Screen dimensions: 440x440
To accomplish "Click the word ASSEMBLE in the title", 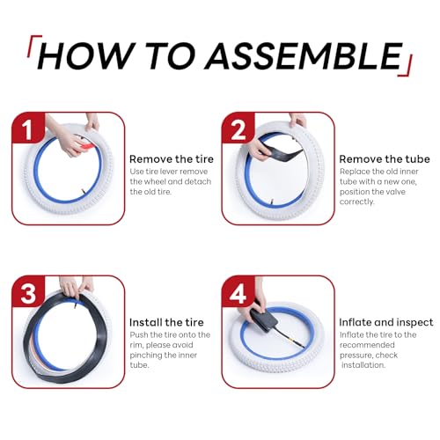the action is click(304, 55).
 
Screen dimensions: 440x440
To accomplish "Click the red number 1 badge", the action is click(28, 128).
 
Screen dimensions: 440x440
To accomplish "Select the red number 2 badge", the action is click(238, 128).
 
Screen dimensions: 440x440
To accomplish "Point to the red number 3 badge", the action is click(28, 291).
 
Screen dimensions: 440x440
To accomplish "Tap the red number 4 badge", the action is click(238, 291).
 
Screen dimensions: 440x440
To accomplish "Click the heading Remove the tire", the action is click(172, 159).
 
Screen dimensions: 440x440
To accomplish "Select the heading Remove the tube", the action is click(385, 159).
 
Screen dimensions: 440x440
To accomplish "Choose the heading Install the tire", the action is click(166, 322).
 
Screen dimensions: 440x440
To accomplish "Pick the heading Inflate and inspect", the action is click(386, 323).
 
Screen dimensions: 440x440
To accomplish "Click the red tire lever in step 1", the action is click(86, 146).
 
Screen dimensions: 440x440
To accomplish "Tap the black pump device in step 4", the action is click(263, 319).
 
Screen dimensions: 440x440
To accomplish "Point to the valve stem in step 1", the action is click(83, 192).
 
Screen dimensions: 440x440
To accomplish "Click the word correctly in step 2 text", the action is click(357, 202).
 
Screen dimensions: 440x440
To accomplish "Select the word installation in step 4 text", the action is click(363, 365).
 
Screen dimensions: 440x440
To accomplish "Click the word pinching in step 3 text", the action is click(146, 356).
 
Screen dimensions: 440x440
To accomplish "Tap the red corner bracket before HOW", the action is click(33, 46).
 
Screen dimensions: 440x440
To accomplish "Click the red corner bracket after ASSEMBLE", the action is click(407, 65).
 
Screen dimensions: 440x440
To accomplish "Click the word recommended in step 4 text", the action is click(367, 345).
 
